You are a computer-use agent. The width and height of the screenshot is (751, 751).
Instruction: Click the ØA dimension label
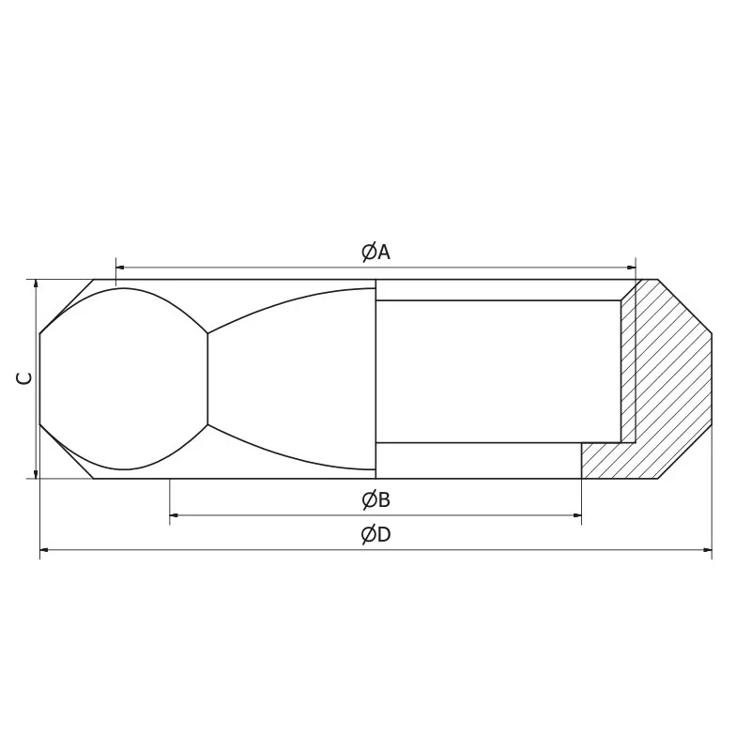(x=375, y=252)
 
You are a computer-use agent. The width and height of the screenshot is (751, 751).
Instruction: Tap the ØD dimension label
(x=375, y=535)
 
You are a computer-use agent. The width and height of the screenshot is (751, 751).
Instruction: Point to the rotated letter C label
(x=26, y=378)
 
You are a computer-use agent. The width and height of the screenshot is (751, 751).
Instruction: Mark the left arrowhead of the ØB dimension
(x=176, y=514)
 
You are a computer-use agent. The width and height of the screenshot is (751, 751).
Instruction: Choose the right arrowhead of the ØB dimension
(x=575, y=514)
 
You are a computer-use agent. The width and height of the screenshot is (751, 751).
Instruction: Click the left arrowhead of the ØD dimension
(x=46, y=549)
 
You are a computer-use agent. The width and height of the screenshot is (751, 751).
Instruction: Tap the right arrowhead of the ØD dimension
(x=706, y=549)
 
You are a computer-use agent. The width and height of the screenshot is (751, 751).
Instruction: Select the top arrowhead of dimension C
(x=35, y=284)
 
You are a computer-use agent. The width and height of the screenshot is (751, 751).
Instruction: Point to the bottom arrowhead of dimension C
(x=35, y=473)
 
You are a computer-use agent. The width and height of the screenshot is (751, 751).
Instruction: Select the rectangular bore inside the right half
(x=498, y=371)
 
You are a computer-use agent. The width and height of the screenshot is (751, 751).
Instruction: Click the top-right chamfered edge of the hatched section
(x=684, y=306)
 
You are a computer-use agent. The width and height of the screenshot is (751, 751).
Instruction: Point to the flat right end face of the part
(x=712, y=378)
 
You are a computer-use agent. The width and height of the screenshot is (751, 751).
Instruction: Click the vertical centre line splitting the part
(x=375, y=378)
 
